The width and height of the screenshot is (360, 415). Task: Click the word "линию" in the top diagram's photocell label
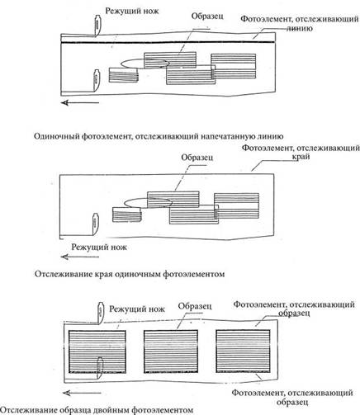[x=299, y=29]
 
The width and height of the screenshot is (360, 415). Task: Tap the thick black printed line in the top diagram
[x=168, y=42]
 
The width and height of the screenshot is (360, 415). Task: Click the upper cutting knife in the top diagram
[x=97, y=26]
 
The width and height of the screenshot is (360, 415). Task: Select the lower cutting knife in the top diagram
[x=96, y=80]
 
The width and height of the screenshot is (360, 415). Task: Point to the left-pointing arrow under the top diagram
[x=80, y=103]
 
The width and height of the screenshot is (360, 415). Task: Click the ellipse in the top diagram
[x=144, y=63]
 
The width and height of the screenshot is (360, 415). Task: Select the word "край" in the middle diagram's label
[x=301, y=157]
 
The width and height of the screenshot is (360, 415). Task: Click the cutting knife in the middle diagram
[x=95, y=224]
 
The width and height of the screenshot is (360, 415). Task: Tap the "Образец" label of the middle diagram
[x=197, y=158]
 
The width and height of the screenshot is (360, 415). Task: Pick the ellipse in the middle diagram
[x=148, y=203]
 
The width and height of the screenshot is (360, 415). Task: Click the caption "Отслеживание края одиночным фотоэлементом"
[x=130, y=274]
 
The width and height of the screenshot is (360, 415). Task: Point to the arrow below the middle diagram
[x=80, y=257]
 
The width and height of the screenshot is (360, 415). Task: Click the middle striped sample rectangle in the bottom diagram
[x=171, y=351]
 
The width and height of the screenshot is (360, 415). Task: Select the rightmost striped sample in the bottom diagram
[x=243, y=351]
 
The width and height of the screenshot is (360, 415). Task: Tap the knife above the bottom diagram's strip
[x=101, y=313]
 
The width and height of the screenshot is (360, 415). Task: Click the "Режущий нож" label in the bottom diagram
[x=137, y=309]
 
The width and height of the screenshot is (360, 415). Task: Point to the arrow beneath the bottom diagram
[x=81, y=393]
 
